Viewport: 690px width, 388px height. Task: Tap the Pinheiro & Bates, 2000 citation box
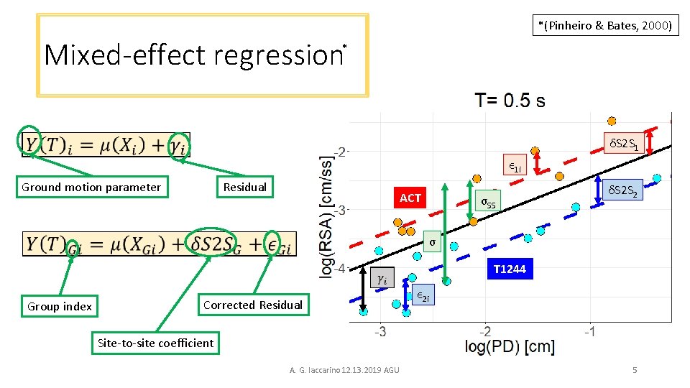[605, 26]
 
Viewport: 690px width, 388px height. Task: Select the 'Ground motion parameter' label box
[91, 188]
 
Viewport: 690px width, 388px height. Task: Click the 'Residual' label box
[244, 187]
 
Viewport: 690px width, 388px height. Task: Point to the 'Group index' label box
[60, 307]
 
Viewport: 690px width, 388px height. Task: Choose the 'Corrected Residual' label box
[253, 305]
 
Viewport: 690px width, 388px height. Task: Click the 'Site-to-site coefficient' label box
[155, 343]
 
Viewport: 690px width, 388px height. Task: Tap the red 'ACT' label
[410, 198]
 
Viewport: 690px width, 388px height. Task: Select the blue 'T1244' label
[510, 269]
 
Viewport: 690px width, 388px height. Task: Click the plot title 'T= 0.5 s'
[509, 101]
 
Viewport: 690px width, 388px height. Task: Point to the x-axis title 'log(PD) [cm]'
[510, 347]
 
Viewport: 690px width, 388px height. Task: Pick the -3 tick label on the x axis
[380, 331]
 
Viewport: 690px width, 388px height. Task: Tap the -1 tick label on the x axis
[590, 331]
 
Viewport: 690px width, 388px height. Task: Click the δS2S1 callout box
[624, 144]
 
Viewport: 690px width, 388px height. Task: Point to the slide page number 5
[634, 370]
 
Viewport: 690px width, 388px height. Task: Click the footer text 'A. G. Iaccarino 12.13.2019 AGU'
[344, 370]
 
